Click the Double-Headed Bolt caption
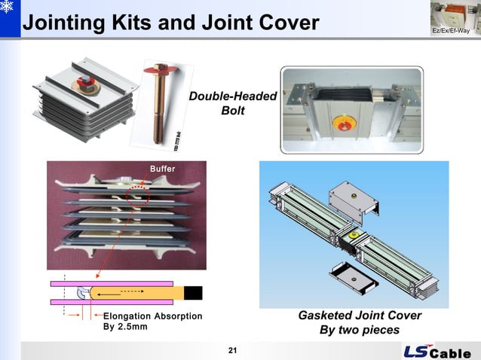pyautogui.click(x=232, y=104)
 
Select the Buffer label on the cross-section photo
pyautogui.click(x=162, y=169)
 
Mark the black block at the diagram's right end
pyautogui.click(x=194, y=292)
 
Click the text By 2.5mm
pyautogui.click(x=125, y=327)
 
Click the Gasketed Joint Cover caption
pyautogui.click(x=359, y=316)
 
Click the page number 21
pyautogui.click(x=232, y=350)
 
